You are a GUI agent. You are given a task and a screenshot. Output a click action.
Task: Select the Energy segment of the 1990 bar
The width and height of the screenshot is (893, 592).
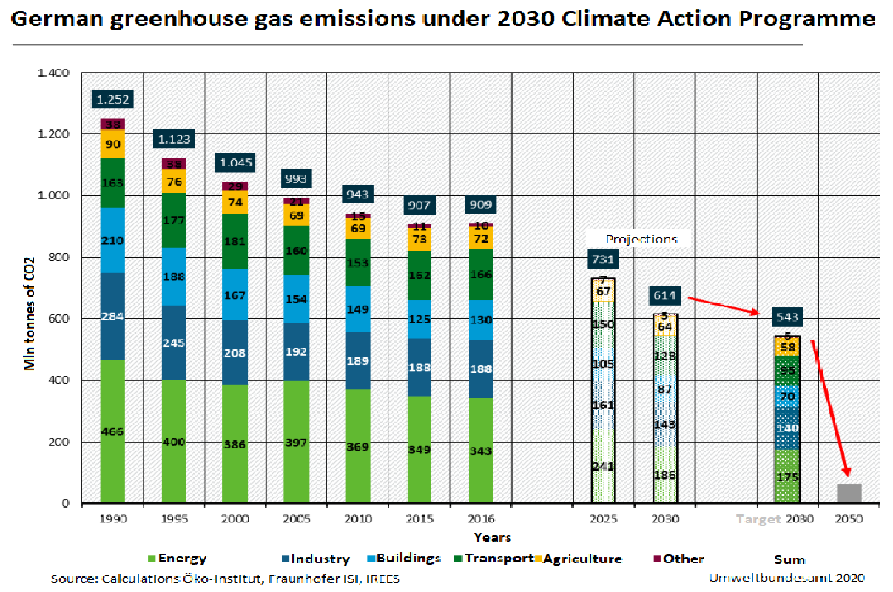tap(112, 431)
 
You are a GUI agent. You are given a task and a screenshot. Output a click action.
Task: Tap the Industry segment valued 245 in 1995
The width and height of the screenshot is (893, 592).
tap(174, 343)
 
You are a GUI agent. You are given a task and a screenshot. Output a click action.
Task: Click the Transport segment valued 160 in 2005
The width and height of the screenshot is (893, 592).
tap(296, 250)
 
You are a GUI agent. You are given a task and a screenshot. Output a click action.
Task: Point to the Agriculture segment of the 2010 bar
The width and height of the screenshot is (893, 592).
tap(357, 228)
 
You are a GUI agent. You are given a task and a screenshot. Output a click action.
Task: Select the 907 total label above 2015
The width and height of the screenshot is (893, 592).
tap(419, 205)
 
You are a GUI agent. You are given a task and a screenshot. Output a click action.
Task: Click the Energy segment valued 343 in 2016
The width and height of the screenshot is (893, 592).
tap(480, 450)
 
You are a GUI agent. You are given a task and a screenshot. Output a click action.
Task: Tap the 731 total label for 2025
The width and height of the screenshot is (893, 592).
tap(603, 259)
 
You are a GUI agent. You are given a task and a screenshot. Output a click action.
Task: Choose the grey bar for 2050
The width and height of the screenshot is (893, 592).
tap(849, 493)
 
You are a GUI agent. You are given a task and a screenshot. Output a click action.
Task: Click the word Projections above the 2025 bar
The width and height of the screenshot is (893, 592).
tap(641, 239)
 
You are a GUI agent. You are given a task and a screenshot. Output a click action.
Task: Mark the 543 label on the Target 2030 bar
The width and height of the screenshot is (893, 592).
tap(787, 317)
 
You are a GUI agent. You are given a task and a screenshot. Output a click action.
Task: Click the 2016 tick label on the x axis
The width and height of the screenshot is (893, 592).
tap(480, 519)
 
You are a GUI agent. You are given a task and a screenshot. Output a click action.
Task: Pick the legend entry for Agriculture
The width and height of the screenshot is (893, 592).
tap(582, 559)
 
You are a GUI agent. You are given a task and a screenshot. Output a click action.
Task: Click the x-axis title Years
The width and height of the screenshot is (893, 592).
tap(492, 536)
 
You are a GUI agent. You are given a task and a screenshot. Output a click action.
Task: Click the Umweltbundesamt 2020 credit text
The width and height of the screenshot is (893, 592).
tap(786, 577)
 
